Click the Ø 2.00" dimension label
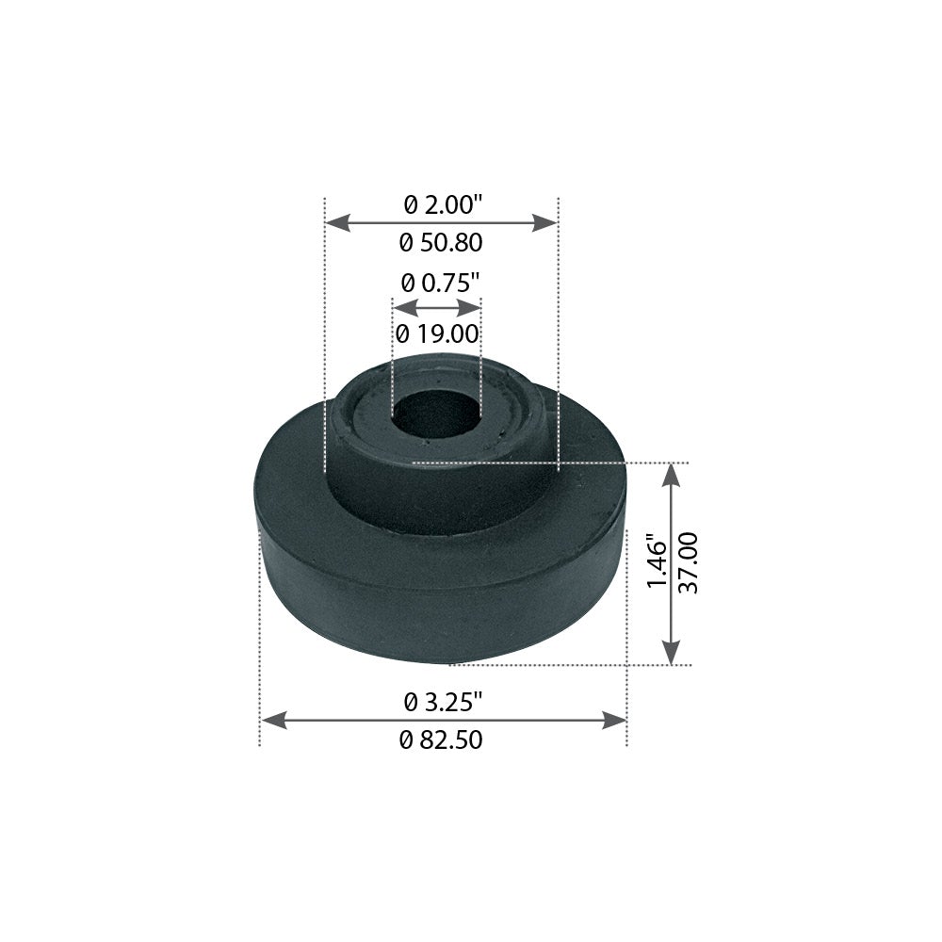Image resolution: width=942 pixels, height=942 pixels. [x=442, y=203]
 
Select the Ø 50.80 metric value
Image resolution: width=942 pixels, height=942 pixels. [x=441, y=243]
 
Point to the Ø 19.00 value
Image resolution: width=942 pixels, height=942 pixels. [x=438, y=333]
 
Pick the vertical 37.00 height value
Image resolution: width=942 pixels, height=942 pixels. [x=689, y=563]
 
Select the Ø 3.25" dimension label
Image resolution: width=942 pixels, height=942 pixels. [x=443, y=701]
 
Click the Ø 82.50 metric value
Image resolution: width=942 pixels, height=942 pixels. [x=441, y=740]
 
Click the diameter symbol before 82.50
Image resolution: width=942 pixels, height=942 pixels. [x=406, y=741]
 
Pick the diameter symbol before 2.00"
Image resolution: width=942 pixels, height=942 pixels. [x=411, y=203]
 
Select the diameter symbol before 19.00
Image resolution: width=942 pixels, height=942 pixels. [x=403, y=333]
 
